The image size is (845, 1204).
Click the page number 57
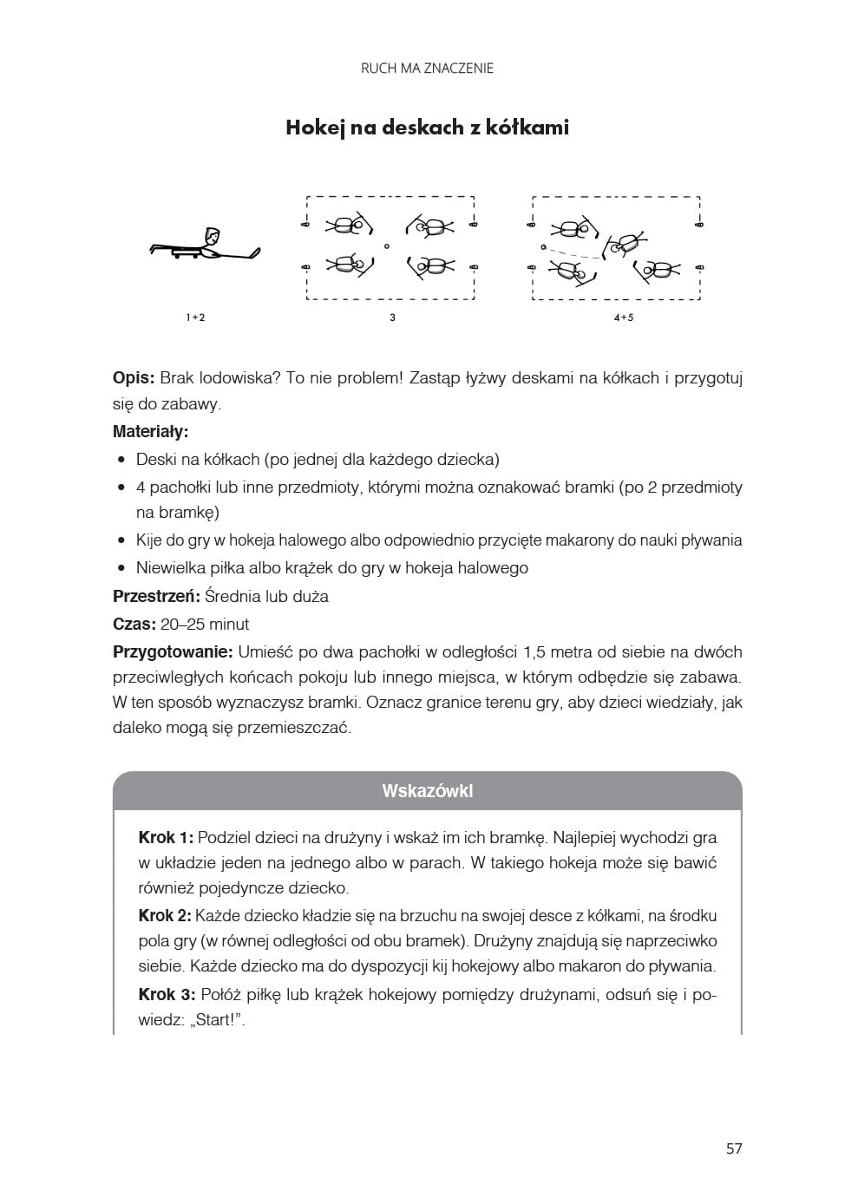[734, 1148]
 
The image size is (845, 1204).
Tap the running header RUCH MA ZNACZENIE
[427, 69]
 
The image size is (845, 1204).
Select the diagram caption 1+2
[195, 317]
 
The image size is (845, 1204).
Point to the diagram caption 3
[392, 317]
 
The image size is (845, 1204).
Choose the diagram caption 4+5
[623, 317]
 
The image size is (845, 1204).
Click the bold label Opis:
[134, 378]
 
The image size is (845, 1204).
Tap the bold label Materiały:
[150, 431]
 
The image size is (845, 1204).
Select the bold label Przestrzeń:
[156, 597]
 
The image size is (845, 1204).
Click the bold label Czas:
[134, 625]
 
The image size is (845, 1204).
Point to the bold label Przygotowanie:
[173, 652]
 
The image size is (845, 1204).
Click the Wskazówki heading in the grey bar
[427, 791]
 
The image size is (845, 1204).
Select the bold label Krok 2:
[165, 916]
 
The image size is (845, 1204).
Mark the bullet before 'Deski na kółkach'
[122, 460]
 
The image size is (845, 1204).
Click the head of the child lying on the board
[212, 235]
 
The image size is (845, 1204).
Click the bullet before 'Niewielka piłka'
[122, 569]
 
